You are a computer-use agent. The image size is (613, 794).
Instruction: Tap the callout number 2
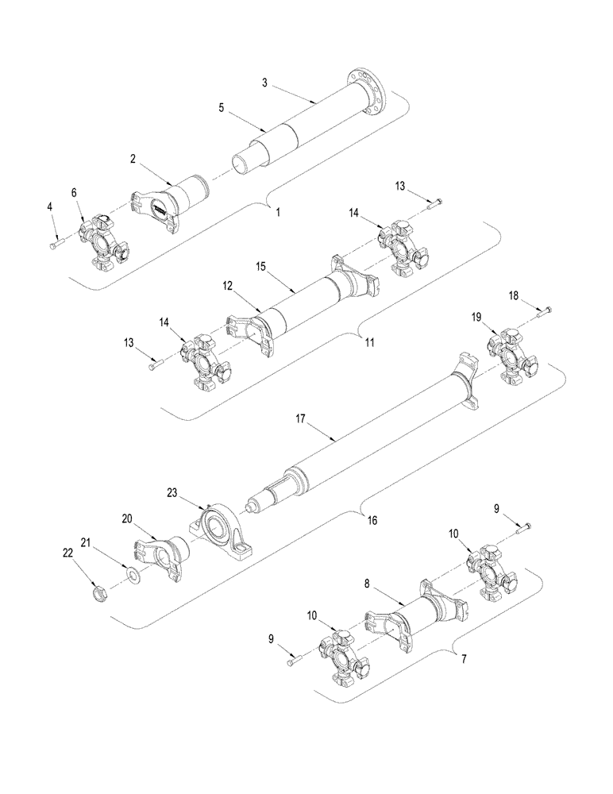tap(133, 159)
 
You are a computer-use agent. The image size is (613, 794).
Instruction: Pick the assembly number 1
tap(278, 212)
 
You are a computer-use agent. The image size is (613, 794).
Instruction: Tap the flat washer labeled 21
tap(131, 571)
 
